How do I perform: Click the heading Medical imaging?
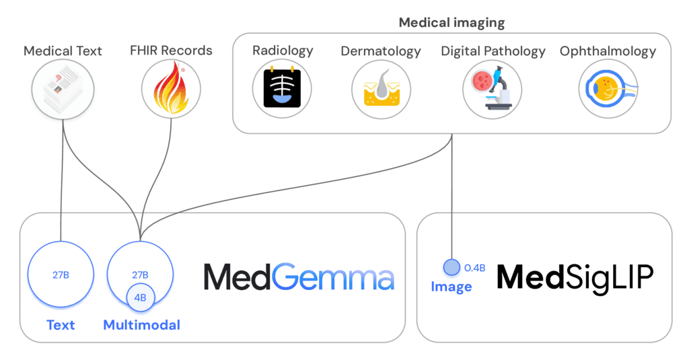(x=451, y=22)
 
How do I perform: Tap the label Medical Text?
(x=63, y=51)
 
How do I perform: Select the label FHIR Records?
(x=171, y=50)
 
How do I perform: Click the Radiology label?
(x=283, y=51)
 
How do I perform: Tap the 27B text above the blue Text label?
(x=61, y=275)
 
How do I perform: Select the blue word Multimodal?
(x=141, y=326)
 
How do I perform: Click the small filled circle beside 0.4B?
(x=451, y=267)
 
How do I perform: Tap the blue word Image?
(x=451, y=287)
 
